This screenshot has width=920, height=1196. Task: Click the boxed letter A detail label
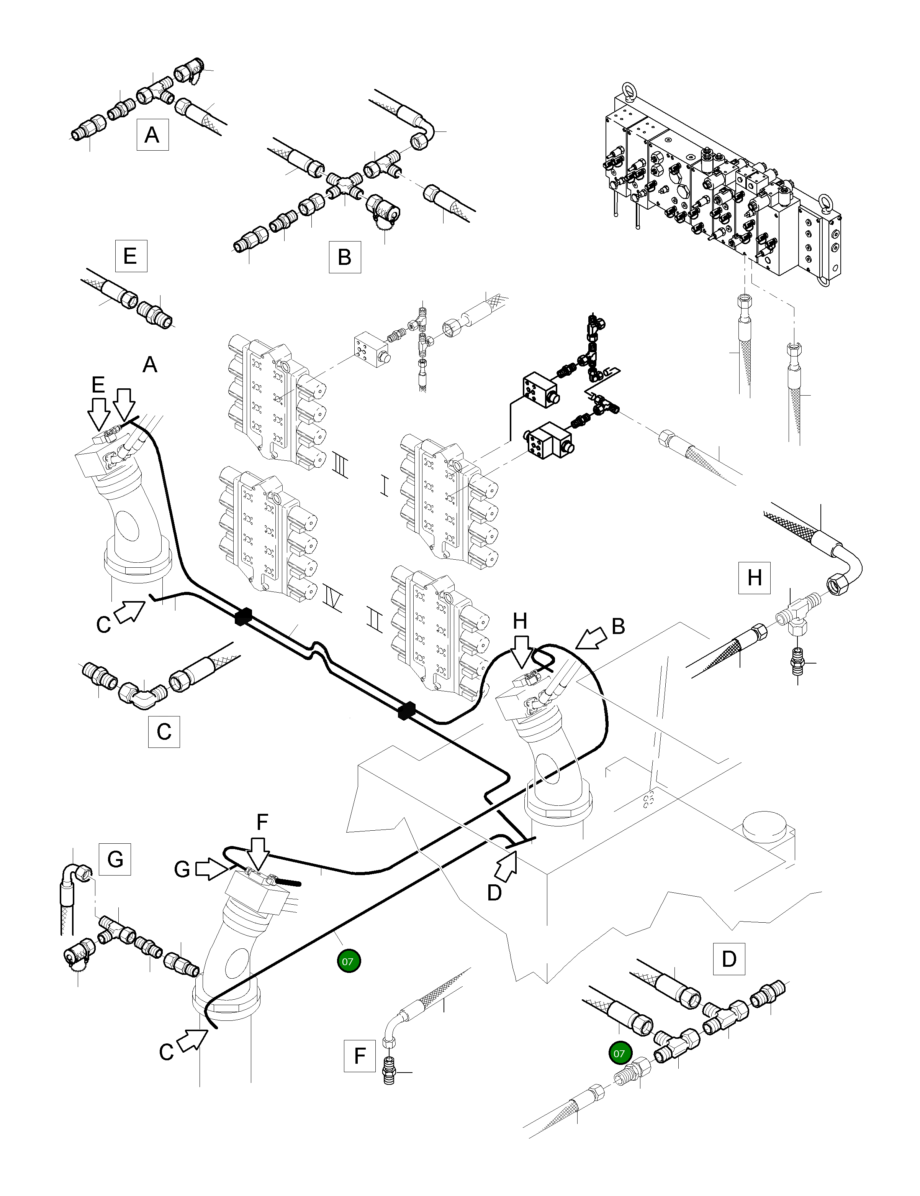point(152,134)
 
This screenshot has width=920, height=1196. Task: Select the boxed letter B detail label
point(344,257)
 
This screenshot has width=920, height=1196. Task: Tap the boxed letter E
point(131,256)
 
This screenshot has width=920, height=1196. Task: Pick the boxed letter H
point(754,578)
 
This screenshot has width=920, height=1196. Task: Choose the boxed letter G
point(115,859)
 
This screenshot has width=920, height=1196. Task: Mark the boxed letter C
point(164,732)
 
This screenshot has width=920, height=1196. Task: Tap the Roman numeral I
point(384,485)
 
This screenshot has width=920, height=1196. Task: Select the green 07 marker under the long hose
point(349,961)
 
